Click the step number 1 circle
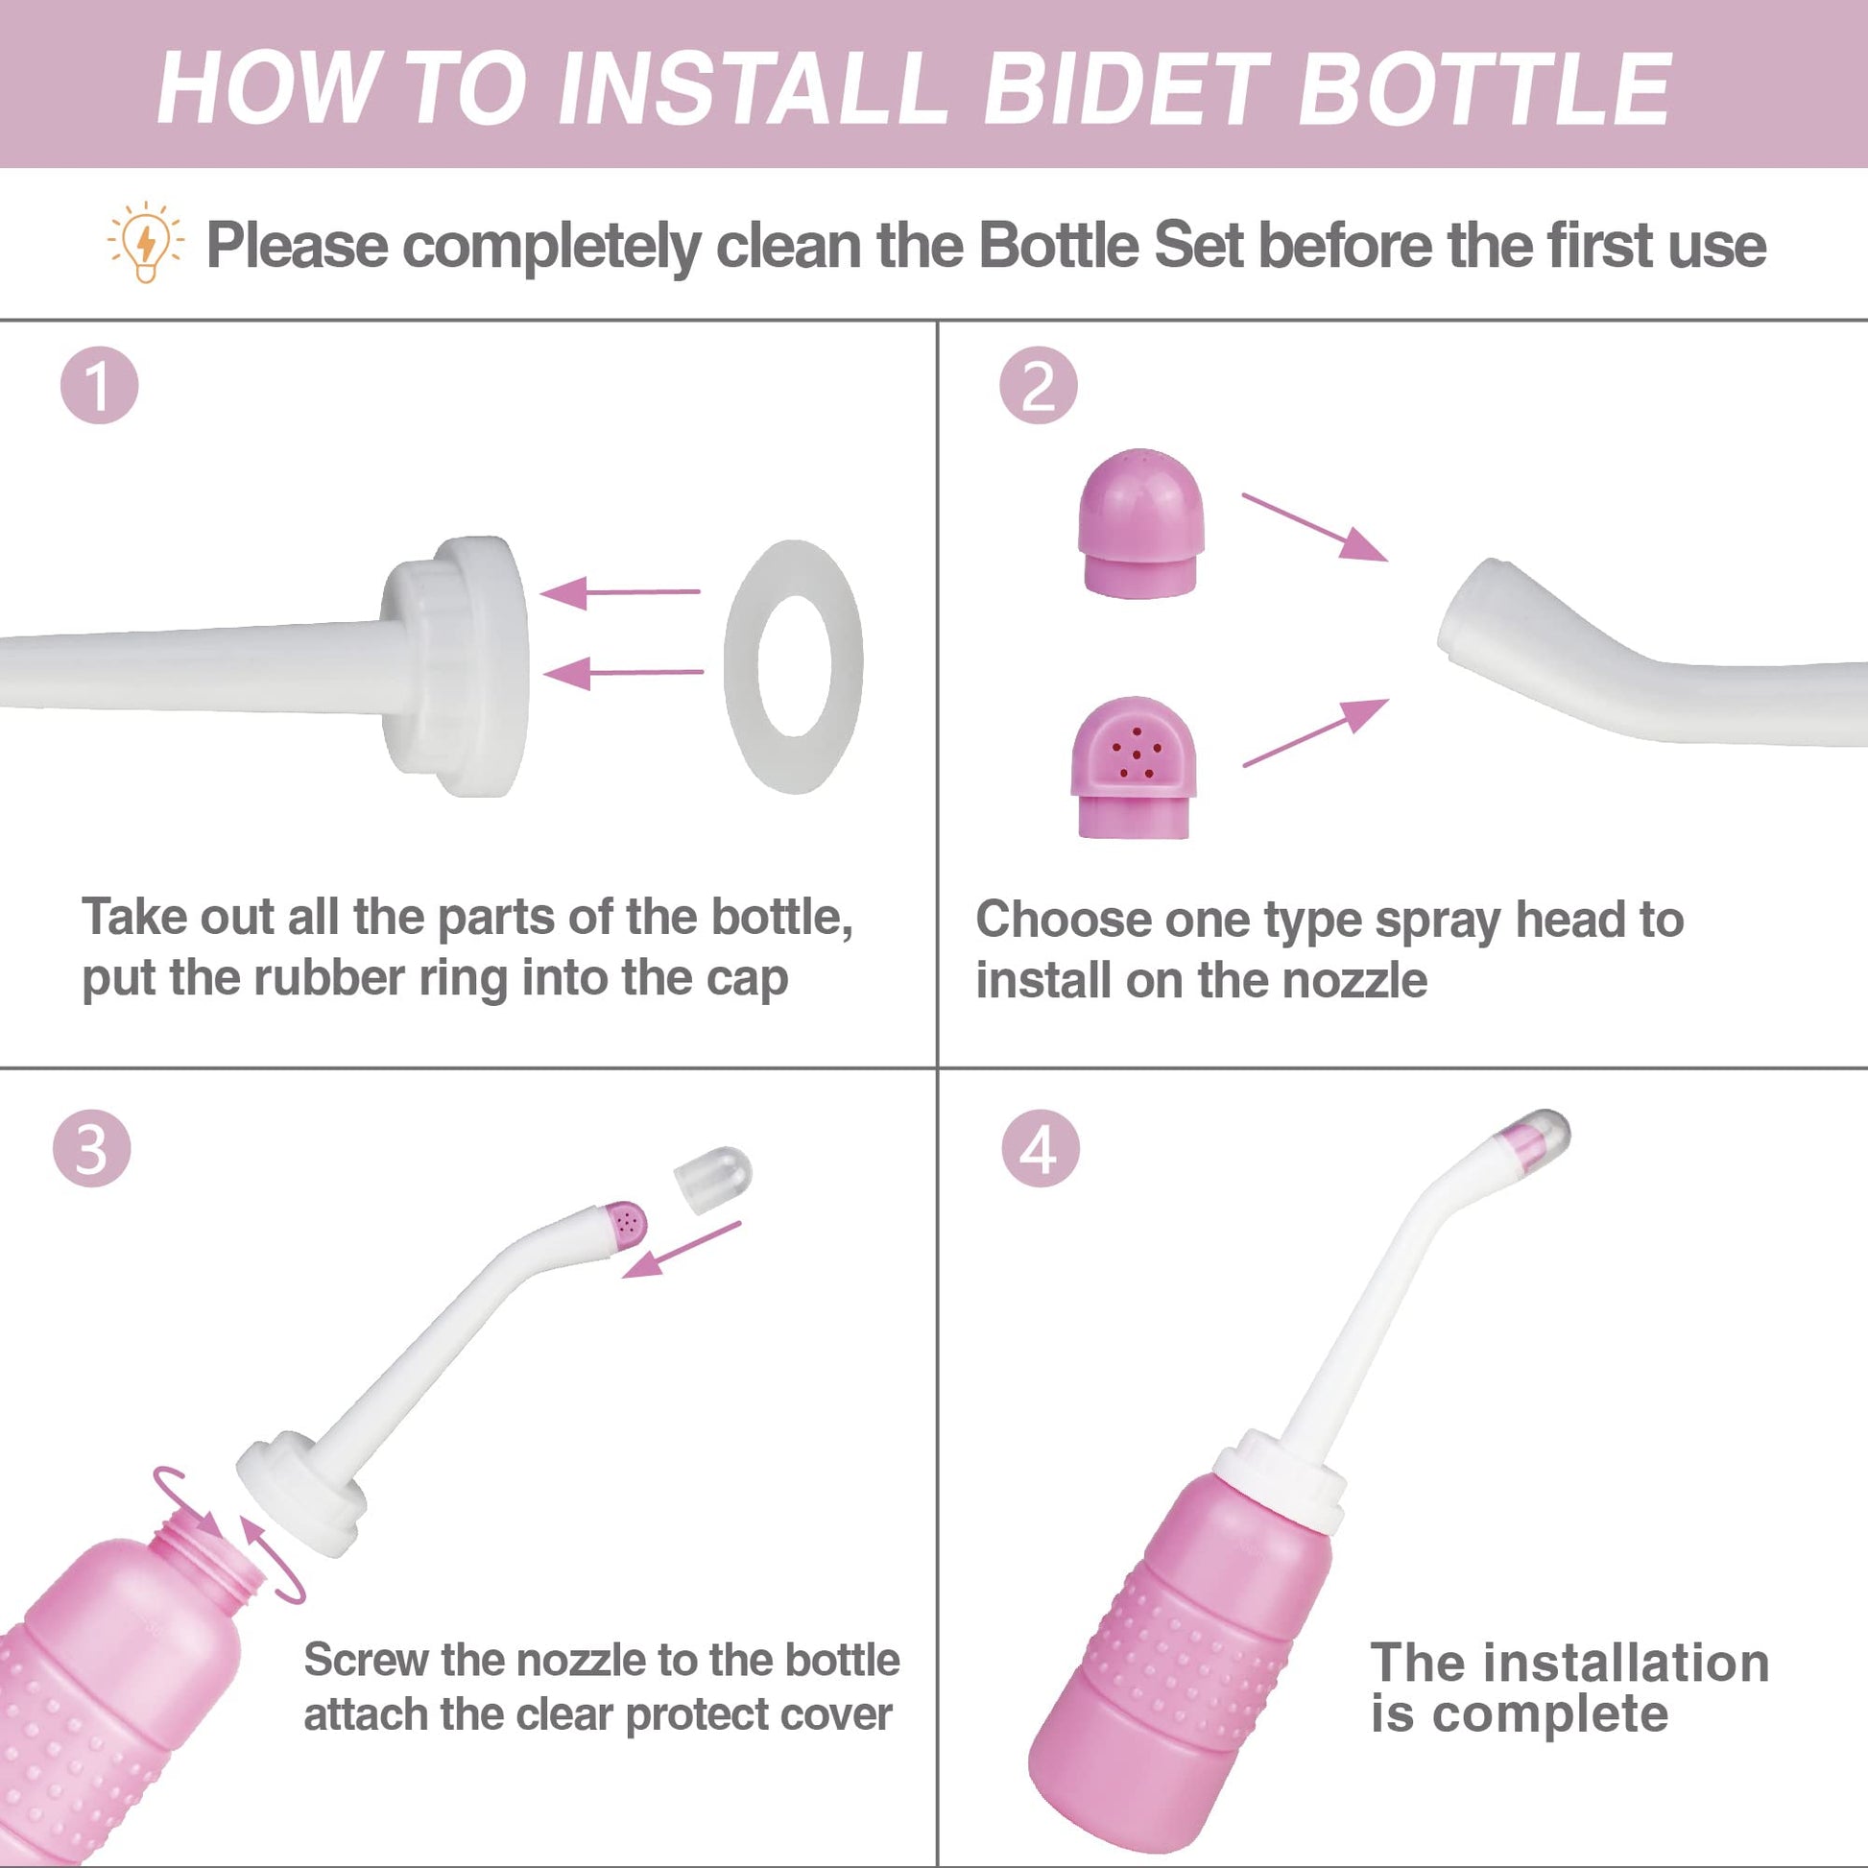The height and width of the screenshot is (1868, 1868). click(99, 385)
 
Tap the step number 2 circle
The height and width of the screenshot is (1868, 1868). click(1038, 386)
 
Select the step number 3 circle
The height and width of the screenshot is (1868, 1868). click(92, 1148)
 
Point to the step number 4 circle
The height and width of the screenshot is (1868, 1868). click(1041, 1148)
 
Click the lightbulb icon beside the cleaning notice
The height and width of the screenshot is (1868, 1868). click(145, 242)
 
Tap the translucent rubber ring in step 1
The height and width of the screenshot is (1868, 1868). click(794, 667)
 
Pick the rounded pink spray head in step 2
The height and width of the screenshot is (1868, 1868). click(1142, 523)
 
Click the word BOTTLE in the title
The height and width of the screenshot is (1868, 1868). click(1484, 89)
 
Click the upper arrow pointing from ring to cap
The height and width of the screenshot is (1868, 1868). click(620, 591)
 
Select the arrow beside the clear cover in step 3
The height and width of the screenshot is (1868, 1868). click(681, 1249)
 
